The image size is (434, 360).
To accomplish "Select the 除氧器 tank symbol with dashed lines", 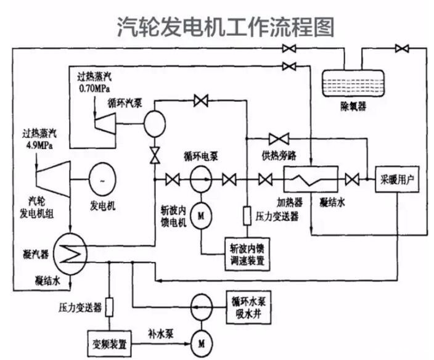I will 354,84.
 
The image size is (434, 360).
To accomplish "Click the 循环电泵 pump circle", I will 201,180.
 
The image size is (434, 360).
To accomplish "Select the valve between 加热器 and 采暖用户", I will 353,180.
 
